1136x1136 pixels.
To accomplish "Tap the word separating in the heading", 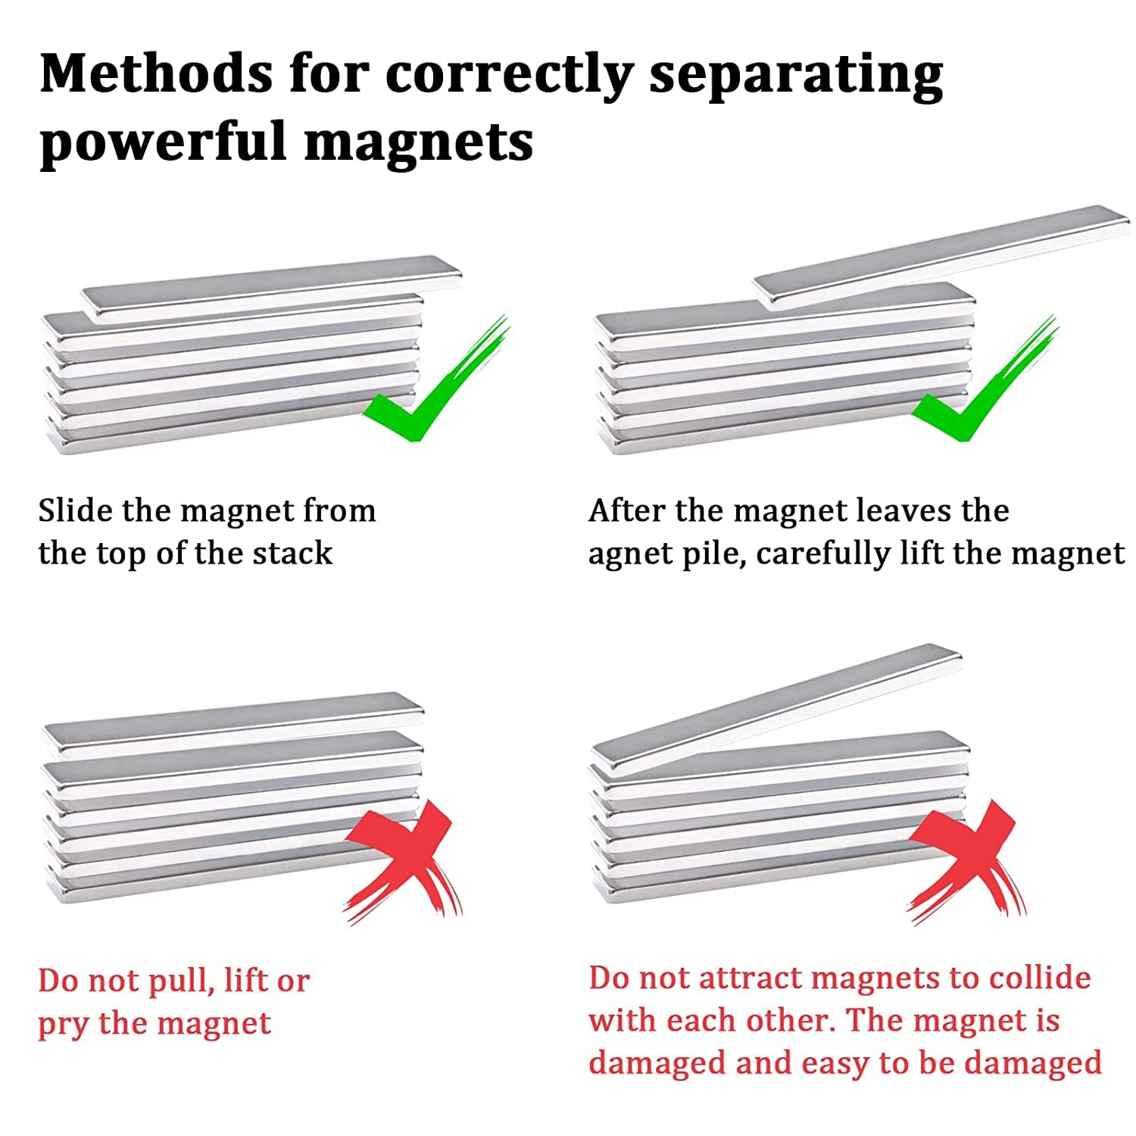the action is (796, 76).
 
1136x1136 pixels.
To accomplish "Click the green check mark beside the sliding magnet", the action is (436, 379).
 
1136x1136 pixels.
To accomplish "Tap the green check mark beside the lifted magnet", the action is (985, 379).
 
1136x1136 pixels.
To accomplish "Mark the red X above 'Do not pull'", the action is (404, 862).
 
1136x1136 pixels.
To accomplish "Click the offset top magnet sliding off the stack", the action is (271, 289).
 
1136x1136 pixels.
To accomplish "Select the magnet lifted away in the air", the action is (942, 257).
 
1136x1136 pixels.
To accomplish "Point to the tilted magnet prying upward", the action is (776, 711).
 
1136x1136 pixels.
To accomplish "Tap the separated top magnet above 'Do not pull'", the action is (233, 723).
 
